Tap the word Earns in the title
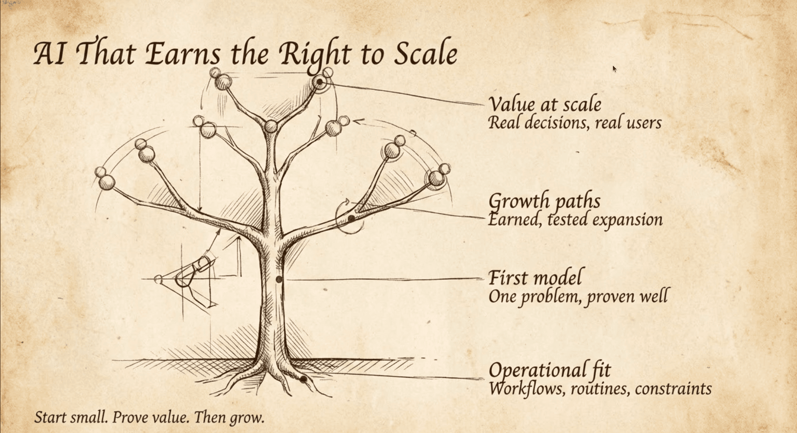click(x=183, y=54)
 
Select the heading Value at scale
click(x=545, y=104)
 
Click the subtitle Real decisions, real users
click(x=575, y=123)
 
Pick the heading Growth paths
click(x=544, y=201)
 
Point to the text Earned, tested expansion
click(x=575, y=220)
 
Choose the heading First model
click(x=535, y=278)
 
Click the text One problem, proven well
click(x=578, y=297)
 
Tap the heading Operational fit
click(x=550, y=370)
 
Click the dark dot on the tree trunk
click(x=279, y=279)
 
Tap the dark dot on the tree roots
click(x=304, y=379)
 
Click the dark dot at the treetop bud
click(x=319, y=82)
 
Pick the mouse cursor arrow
click(x=614, y=69)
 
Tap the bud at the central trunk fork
click(x=271, y=126)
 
